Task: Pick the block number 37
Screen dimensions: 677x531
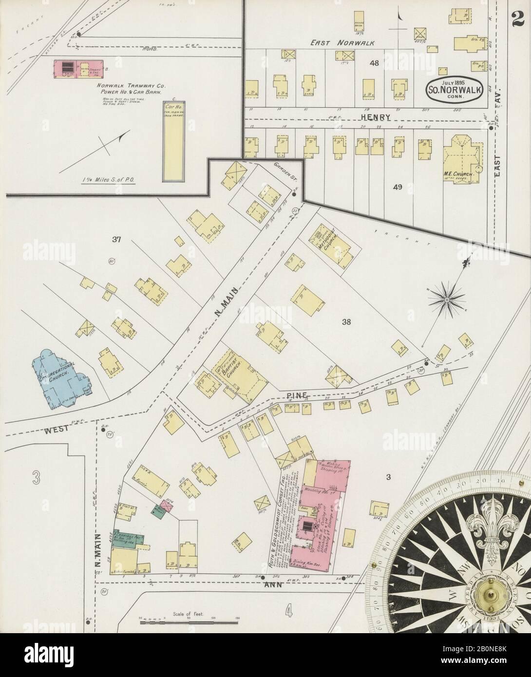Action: click(116, 239)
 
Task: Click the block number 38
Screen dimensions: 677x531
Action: click(346, 322)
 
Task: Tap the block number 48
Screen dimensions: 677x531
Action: click(374, 63)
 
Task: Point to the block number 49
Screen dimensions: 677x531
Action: click(398, 186)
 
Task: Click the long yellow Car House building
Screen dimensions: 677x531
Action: click(172, 141)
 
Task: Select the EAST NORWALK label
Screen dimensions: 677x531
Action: click(343, 43)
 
